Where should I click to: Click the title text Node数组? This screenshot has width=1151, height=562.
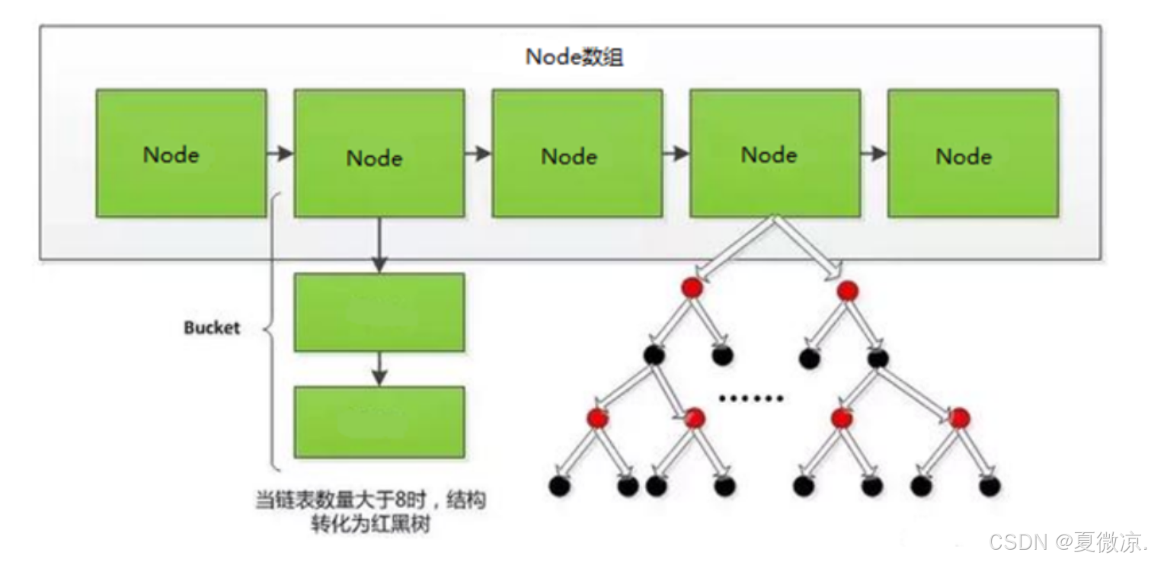coord(574,58)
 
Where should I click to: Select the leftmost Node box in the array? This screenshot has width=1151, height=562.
coord(181,154)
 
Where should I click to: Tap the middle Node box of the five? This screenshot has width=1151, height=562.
coord(577,154)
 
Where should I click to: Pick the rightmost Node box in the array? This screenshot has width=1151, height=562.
coord(973,154)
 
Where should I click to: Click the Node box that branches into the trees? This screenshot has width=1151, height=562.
coord(775,154)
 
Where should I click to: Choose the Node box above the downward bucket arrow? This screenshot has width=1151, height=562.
coord(379,154)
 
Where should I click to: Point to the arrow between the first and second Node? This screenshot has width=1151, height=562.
coord(280,154)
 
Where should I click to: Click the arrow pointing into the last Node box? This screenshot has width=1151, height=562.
coord(874,154)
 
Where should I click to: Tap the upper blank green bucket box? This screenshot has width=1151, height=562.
coord(379,312)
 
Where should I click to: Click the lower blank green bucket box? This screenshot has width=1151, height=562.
coord(379,422)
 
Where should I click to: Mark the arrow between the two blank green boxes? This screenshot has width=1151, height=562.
coord(379,369)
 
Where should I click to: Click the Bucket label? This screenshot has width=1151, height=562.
coord(212,328)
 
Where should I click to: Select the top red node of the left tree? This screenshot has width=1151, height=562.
coord(692,287)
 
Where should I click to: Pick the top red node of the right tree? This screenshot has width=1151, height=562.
coord(847,290)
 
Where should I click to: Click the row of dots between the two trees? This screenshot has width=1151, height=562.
coord(751,398)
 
